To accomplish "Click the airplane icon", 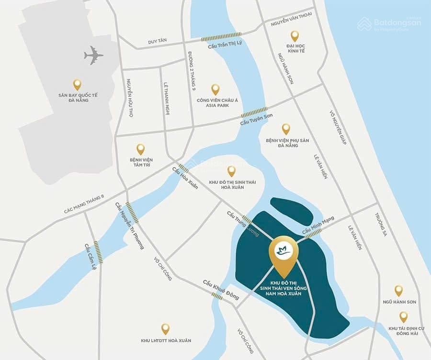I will click(x=94, y=56).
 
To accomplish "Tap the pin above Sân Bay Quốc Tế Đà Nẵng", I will click(x=77, y=85).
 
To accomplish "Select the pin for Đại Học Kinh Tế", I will click(x=295, y=36).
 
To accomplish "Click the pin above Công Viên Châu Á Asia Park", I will click(x=215, y=90).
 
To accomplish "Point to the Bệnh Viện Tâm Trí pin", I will click(x=140, y=149).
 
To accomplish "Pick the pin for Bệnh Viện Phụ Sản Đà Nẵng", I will click(x=286, y=129).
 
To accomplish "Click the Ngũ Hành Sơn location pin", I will click(x=398, y=291).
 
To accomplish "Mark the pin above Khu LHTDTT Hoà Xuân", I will click(x=165, y=329).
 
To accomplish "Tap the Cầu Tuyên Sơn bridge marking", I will click(x=254, y=112).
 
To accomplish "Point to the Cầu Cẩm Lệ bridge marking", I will click(x=98, y=251).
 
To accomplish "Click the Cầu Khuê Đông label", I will click(x=220, y=289).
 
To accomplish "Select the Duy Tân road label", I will click(x=158, y=42).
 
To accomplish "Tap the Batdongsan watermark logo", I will click(x=389, y=23).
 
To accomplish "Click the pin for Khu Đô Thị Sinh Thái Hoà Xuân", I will click(x=231, y=171).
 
